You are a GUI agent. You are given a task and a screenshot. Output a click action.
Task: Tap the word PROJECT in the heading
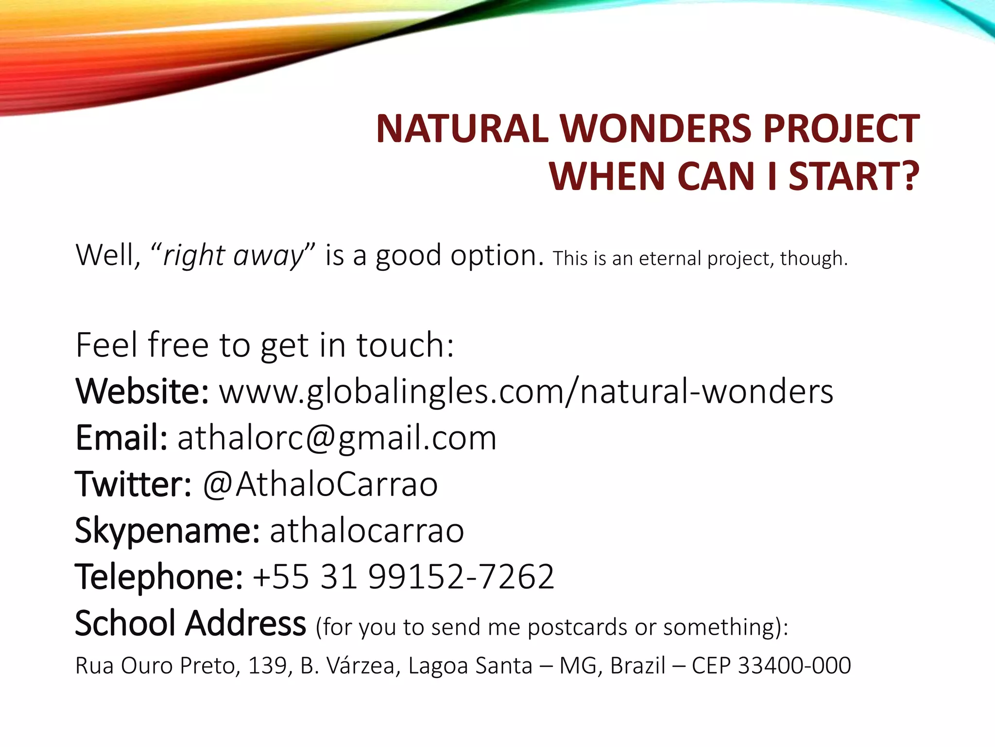coord(841,129)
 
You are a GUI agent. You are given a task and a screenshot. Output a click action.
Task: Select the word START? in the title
coord(854,177)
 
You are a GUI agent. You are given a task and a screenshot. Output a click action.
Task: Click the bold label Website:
coord(142,391)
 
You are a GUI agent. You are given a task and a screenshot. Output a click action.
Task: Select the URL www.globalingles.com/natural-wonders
coord(526,391)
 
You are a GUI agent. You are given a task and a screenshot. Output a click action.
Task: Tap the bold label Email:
coord(121,438)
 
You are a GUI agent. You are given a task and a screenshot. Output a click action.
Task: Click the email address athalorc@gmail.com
coord(337,438)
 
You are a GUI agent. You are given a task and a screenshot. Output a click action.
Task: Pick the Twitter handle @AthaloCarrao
coord(320,484)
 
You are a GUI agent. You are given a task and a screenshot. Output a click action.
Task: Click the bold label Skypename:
coord(167,531)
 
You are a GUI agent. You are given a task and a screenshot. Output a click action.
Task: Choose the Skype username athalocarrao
coord(367,531)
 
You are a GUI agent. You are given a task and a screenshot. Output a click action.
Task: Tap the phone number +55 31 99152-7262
coord(403,577)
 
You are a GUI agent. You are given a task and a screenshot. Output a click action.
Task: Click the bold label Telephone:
coord(158,577)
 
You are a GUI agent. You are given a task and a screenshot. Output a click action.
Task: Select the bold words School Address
coord(190,623)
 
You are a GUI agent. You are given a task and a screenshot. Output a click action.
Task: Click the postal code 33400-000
coord(794,665)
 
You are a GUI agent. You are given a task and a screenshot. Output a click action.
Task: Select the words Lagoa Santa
coord(470,665)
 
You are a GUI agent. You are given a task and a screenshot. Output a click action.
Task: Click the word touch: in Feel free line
coord(405,345)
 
